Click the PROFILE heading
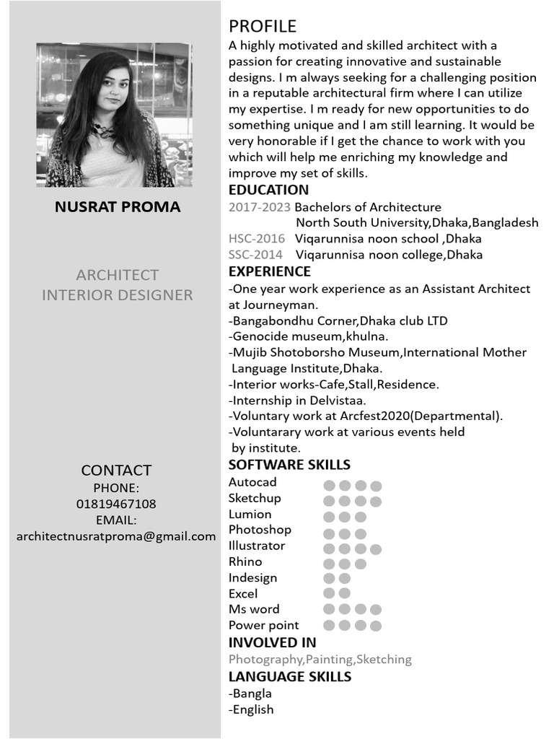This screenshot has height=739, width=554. coord(263,27)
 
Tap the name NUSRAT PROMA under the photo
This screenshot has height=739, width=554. coord(118,207)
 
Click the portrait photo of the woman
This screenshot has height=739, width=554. coord(114,115)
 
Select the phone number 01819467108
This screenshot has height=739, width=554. coord(116,504)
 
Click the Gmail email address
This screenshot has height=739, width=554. coord(116,536)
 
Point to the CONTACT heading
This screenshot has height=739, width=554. coord(116,471)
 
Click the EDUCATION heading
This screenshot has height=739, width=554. coord(268,190)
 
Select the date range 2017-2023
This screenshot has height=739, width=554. coord(260,207)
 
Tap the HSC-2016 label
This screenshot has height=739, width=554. coord(257,238)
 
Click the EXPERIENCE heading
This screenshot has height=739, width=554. coord(270,271)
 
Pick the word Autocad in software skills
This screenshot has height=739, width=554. coord(252,482)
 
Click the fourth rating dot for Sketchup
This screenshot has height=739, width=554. coord(376,502)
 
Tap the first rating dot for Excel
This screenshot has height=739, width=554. coord(329,593)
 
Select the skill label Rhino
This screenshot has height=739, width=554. coord(245,561)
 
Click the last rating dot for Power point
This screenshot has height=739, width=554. coord(376,626)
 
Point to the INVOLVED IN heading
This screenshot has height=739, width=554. coord(272,642)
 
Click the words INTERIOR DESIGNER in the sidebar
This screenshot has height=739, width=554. coord(118,295)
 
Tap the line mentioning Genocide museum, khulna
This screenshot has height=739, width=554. coord(309,336)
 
